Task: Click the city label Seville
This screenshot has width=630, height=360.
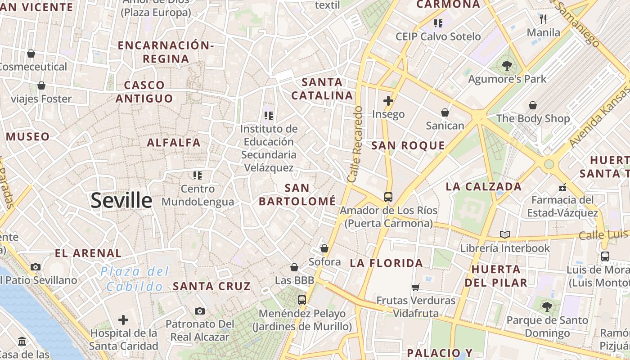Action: tap(121, 200)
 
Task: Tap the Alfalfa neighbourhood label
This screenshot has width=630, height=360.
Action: tap(174, 143)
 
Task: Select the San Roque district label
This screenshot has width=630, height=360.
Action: tap(408, 145)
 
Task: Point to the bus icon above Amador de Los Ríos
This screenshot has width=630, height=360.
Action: tap(388, 197)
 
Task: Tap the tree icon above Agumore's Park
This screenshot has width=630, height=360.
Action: tap(507, 66)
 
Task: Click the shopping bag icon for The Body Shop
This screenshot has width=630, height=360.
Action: tap(533, 105)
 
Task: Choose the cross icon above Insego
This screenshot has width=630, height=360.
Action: tap(388, 101)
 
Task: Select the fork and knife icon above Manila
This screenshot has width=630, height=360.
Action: tap(543, 19)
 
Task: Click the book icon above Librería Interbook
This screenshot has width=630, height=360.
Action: tap(505, 234)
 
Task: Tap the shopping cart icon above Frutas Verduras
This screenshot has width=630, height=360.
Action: tap(416, 287)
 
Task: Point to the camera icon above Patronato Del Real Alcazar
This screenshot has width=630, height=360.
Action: tap(200, 311)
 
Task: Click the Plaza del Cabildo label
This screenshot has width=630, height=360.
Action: tap(135, 279)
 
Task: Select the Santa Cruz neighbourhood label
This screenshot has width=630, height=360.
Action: tap(211, 286)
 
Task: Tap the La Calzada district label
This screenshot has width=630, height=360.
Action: tap(484, 186)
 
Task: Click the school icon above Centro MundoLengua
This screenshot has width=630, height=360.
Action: tap(198, 175)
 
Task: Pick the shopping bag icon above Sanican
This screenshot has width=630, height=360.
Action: tap(445, 112)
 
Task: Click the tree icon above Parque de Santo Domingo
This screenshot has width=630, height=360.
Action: tap(547, 307)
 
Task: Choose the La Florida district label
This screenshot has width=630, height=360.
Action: tap(387, 263)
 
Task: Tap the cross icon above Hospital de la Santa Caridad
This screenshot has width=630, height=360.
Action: tap(123, 320)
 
